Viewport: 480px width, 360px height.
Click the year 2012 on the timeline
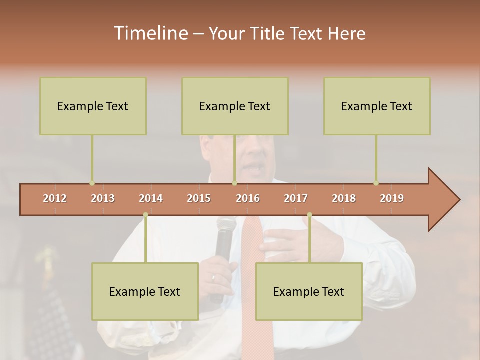click(55, 198)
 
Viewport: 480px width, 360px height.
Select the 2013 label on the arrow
click(103, 198)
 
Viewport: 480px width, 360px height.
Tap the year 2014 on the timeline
click(151, 198)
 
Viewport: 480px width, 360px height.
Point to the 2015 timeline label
click(199, 198)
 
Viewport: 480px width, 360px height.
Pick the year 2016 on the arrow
click(248, 198)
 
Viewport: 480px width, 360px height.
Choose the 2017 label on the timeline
click(296, 198)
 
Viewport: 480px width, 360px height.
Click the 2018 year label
click(344, 198)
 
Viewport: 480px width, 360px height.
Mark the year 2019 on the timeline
click(392, 198)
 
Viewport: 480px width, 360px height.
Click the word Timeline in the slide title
click(151, 33)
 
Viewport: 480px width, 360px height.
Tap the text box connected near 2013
click(93, 106)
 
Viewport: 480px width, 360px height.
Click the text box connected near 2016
click(235, 106)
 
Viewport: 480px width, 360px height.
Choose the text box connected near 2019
click(377, 106)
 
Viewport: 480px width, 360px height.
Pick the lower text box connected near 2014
click(145, 291)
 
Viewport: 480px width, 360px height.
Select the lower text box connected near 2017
click(309, 291)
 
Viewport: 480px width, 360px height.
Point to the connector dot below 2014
click(145, 215)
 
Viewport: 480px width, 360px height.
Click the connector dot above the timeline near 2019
click(376, 183)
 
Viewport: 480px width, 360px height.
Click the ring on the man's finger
click(214, 278)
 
